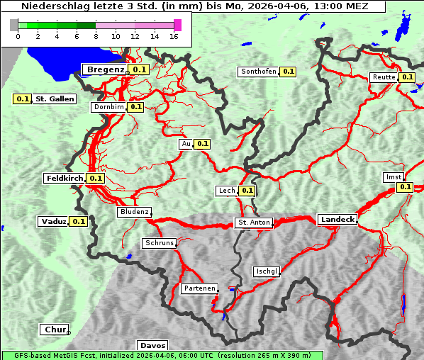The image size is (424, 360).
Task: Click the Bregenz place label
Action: tap(105, 69)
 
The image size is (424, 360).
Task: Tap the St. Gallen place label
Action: tap(55, 99)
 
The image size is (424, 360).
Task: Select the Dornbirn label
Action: tap(108, 107)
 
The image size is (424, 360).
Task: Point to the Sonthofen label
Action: tap(258, 72)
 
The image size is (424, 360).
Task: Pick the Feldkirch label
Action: tap(65, 178)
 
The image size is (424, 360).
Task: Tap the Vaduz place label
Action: tap(53, 221)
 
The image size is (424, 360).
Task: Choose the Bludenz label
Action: tap(134, 212)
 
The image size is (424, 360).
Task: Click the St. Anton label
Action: tap(254, 223)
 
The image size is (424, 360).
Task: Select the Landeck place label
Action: tap(337, 220)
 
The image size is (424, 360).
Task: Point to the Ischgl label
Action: tap(267, 271)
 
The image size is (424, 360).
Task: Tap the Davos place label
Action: tap(152, 346)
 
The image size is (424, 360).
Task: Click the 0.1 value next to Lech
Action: tap(247, 191)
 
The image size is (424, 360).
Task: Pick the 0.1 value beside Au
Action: tap(203, 144)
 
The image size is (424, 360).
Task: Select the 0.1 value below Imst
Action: tap(405, 187)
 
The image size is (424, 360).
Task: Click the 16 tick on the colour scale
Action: tap(175, 36)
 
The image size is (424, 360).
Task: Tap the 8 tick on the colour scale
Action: tap(96, 36)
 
